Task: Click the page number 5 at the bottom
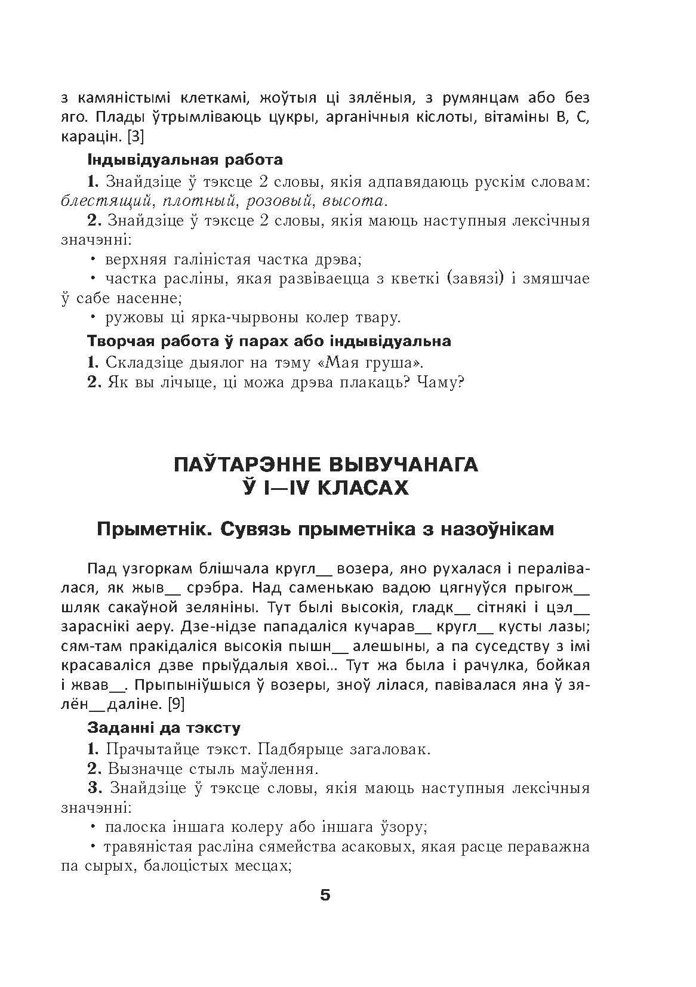[x=325, y=895]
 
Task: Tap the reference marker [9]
[x=176, y=704]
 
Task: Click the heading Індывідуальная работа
[x=185, y=161]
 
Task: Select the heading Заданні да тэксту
[x=164, y=728]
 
